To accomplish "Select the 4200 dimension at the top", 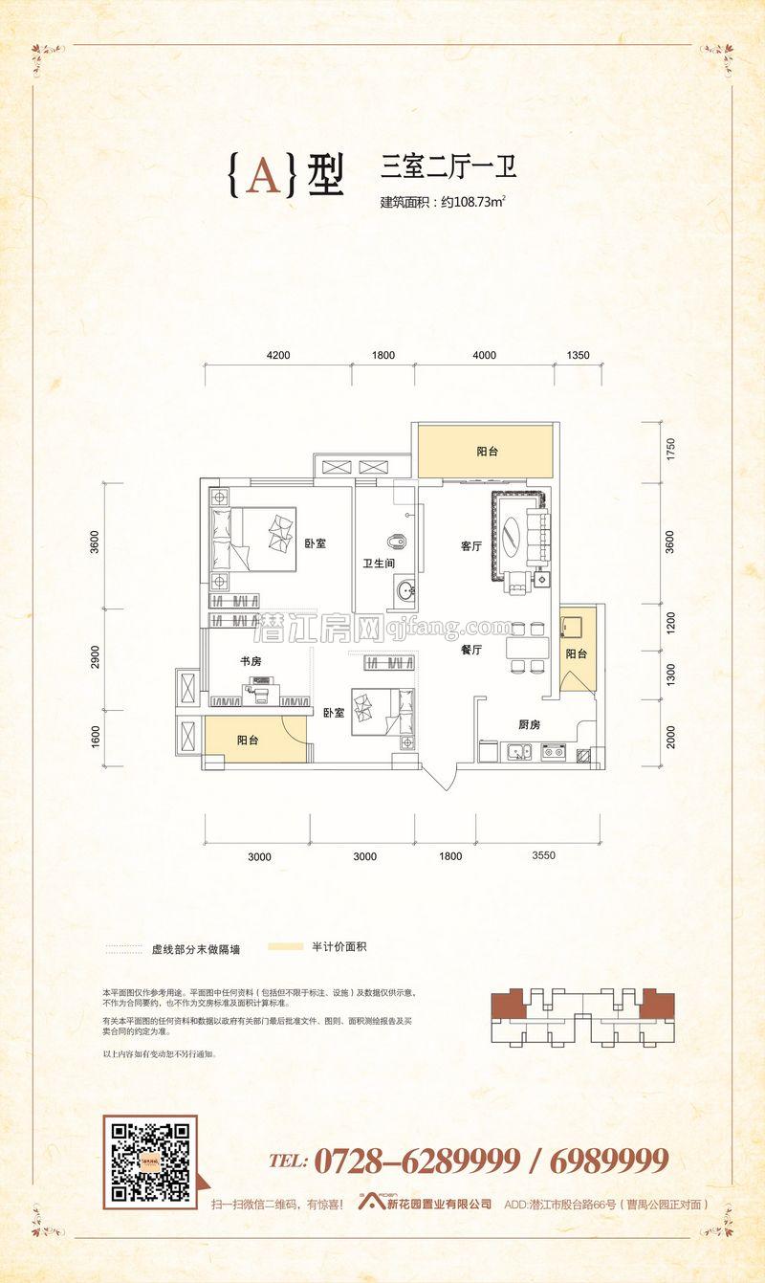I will point(278,356).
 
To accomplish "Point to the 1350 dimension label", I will point(578,356).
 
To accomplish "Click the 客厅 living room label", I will point(470,546).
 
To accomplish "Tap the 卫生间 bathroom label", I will point(379,564).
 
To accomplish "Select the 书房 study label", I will point(251,661).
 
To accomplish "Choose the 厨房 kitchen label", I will point(528,724).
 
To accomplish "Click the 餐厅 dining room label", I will point(470,650).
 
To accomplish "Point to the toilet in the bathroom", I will point(401,540).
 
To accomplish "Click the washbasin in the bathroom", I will point(405,589).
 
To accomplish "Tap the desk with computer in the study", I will point(258,691).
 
